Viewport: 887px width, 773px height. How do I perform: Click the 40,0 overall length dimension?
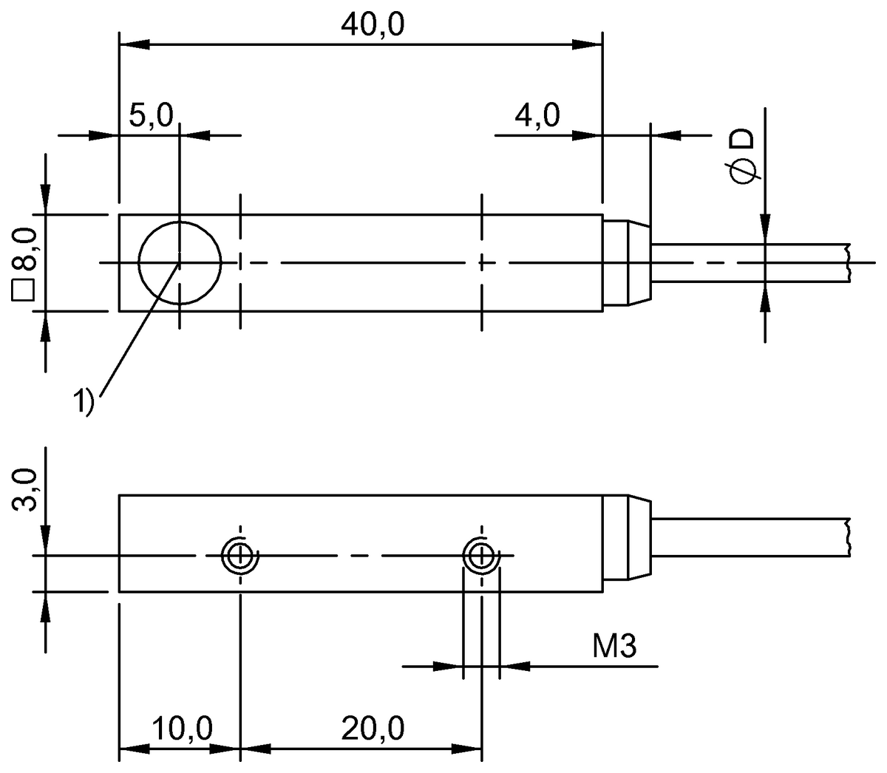[x=373, y=25]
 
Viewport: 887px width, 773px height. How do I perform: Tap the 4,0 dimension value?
[x=537, y=116]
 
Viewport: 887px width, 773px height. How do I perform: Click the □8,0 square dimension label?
[x=24, y=263]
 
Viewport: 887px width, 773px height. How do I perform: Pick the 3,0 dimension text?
[x=24, y=488]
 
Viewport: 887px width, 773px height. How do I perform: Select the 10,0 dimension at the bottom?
[x=183, y=729]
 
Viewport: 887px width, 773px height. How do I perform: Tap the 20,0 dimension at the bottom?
[x=373, y=729]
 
